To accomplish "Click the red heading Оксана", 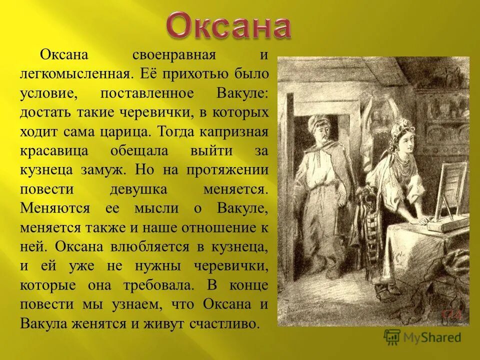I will tap(228, 27).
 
